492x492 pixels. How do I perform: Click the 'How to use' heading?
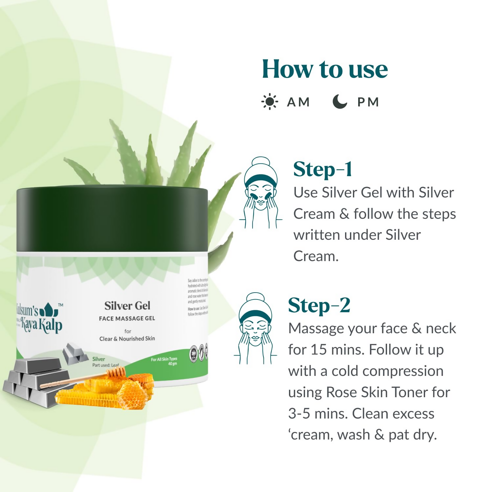325,70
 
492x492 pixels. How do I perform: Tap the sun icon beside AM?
270,102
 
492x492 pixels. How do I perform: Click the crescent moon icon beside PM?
339,101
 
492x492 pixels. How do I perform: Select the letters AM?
298,102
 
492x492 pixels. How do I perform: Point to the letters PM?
368,102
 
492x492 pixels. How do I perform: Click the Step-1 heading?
322,169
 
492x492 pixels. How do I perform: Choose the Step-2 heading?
319,305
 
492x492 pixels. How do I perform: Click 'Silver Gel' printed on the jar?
127,306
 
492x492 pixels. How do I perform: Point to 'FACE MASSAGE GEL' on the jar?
127,318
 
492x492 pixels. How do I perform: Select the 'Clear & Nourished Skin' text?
127,338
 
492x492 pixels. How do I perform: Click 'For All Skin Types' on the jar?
164,359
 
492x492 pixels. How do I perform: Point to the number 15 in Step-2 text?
318,350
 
